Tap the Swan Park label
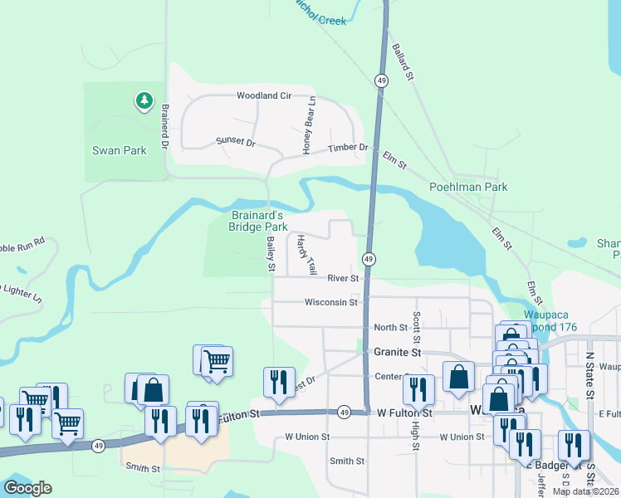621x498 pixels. [119, 151]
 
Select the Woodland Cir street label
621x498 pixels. [264, 96]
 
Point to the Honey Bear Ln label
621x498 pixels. [309, 125]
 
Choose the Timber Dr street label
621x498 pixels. [347, 148]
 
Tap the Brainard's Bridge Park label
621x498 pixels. [258, 221]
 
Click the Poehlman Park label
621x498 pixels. [467, 188]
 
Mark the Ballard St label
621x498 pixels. [403, 62]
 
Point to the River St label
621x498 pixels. [342, 279]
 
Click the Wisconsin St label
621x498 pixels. [330, 302]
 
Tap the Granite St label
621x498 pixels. [398, 353]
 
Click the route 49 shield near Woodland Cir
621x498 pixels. [381, 81]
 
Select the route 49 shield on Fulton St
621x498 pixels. [344, 413]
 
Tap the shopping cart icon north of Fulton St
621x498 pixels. [217, 361]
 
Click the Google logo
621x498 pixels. [27, 488]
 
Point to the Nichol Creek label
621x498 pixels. [320, 16]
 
